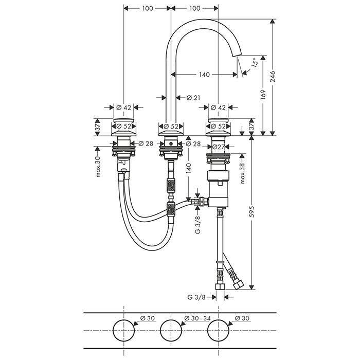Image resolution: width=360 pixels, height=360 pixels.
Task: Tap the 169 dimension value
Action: [x=263, y=95]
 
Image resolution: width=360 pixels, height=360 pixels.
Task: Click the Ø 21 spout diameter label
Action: [x=186, y=98]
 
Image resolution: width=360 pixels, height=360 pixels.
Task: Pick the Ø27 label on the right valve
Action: [x=220, y=147]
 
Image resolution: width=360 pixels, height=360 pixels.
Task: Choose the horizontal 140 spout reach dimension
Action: [x=204, y=75]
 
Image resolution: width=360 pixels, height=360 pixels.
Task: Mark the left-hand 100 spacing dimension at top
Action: [x=148, y=8]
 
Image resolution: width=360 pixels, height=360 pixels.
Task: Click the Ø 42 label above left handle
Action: [x=124, y=107]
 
